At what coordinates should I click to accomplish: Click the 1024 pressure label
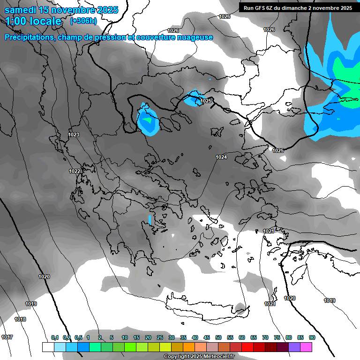(221, 157)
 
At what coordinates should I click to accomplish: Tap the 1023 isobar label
(74, 135)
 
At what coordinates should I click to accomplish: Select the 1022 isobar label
(75, 171)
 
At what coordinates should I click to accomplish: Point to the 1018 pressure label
(20, 319)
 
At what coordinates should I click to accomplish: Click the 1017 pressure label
(7, 337)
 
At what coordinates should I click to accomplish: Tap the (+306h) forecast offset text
(83, 21)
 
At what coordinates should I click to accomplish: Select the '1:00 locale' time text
(33, 21)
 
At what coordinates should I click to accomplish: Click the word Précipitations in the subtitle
(29, 37)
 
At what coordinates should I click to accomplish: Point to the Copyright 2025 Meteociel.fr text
(199, 356)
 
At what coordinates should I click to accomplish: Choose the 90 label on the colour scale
(312, 337)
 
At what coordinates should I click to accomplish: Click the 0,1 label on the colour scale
(55, 337)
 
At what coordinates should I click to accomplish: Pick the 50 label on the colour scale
(218, 337)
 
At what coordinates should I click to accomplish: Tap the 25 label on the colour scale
(160, 337)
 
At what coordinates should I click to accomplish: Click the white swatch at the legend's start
(48, 347)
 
